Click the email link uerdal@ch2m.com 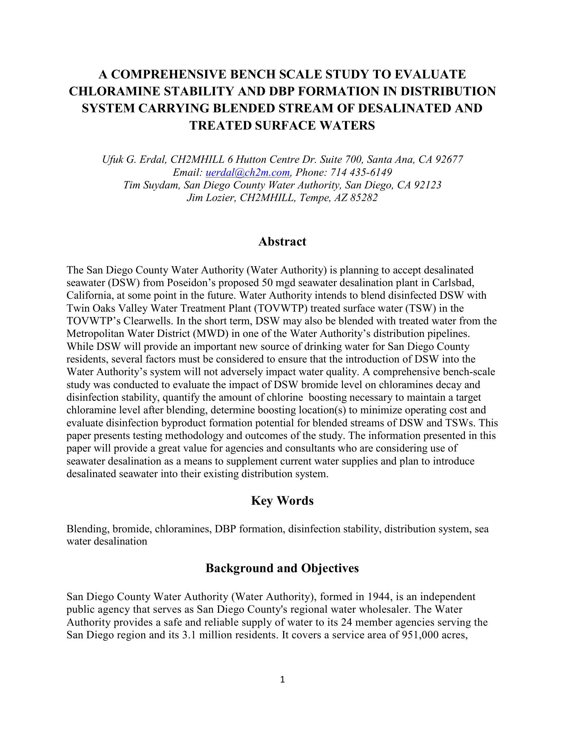tap(247, 172)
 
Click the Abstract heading tap(282, 242)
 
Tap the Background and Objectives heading tap(282, 568)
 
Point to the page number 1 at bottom tap(282, 679)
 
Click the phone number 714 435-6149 tap(361, 172)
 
